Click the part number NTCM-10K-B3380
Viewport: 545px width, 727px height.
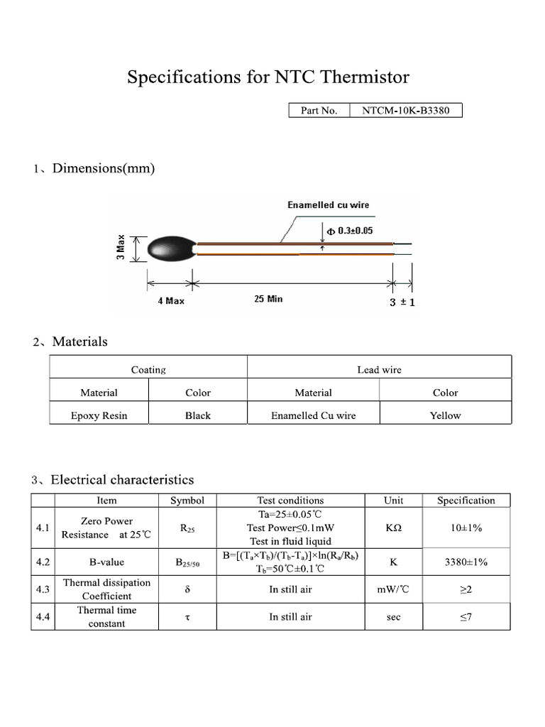click(x=406, y=110)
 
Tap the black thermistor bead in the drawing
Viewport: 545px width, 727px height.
click(x=168, y=248)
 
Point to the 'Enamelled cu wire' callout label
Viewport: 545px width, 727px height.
click(x=328, y=204)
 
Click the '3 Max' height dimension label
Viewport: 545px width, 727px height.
click(x=121, y=247)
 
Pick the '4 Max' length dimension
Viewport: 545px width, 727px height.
click(x=171, y=301)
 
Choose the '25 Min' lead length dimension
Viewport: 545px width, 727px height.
click(x=268, y=299)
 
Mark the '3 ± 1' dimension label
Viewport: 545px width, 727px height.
click(x=402, y=302)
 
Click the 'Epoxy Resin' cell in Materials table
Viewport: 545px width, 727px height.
click(x=99, y=415)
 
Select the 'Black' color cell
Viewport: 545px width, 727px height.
click(x=197, y=415)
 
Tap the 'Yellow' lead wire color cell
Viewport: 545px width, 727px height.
click(x=445, y=415)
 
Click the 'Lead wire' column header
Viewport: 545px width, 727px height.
click(x=379, y=369)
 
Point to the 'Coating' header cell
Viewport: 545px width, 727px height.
click(x=148, y=369)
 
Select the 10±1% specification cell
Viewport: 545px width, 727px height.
click(x=466, y=528)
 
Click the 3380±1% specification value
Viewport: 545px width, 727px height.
click(x=466, y=562)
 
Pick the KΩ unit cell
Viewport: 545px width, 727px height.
click(x=393, y=528)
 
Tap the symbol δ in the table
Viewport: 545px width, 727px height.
click(x=187, y=589)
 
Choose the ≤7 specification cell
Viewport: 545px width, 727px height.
click(x=466, y=617)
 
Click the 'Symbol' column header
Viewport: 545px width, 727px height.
click(x=187, y=500)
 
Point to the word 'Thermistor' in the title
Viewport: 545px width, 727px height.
click(x=363, y=77)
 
